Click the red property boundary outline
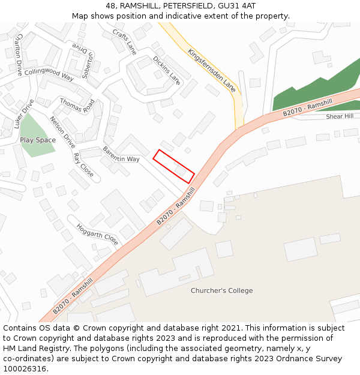(x=174, y=166)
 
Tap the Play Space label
(x=38, y=140)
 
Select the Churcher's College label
(x=222, y=290)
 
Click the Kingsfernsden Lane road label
(x=212, y=70)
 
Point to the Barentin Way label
(x=121, y=154)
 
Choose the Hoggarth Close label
(x=97, y=231)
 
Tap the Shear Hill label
(x=340, y=116)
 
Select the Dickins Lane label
(x=166, y=70)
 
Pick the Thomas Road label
(x=77, y=106)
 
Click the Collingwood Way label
(x=49, y=74)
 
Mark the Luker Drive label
(x=24, y=114)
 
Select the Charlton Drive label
(x=19, y=54)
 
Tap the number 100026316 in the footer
(x=25, y=368)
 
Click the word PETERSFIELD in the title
(x=179, y=6)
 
